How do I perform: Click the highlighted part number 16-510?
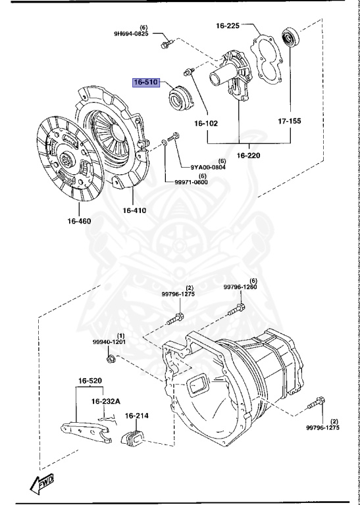(147, 83)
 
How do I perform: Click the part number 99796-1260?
(240, 287)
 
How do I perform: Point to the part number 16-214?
(138, 416)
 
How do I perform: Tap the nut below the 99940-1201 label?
(112, 358)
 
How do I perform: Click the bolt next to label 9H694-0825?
(165, 44)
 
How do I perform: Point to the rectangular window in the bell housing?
(198, 386)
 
